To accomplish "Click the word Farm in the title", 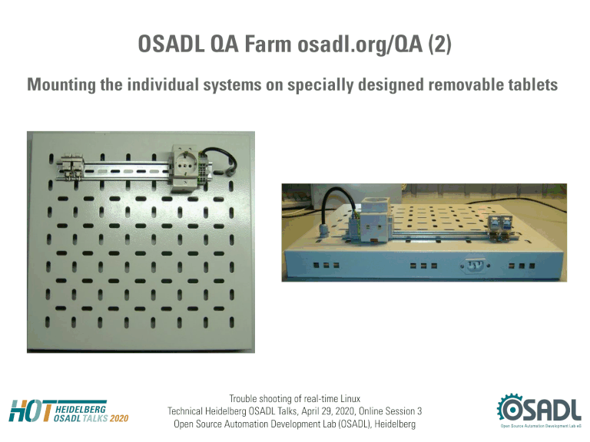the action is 268,44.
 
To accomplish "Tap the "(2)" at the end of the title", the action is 440,45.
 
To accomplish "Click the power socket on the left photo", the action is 185,167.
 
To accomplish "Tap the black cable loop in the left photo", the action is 221,160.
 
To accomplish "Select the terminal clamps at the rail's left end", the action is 71,166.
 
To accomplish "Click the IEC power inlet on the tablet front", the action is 475,266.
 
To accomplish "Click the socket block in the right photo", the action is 375,221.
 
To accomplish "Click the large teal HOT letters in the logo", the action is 31,411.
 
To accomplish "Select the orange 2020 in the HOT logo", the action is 119,418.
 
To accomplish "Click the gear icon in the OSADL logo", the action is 510,407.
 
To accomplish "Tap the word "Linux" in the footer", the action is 350,399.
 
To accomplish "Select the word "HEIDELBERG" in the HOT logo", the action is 81,409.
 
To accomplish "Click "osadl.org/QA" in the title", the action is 360,45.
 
